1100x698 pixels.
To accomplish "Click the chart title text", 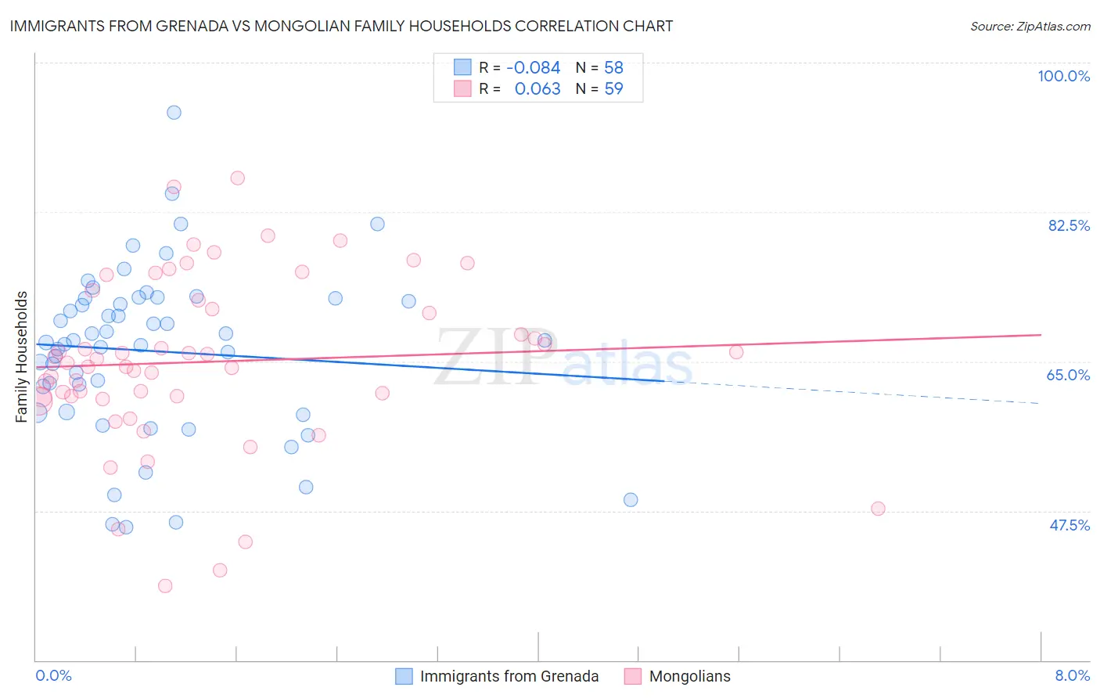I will coord(340,26).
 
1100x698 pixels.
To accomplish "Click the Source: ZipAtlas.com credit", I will coord(1030,26).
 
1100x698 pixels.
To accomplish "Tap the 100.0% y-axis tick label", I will coord(1063,76).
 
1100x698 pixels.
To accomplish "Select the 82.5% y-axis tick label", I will coord(1069,225).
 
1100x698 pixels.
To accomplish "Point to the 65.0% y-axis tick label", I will coord(1068,375).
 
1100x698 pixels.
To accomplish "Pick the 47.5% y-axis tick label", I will coord(1069,525).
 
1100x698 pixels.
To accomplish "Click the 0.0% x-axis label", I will coord(53,675).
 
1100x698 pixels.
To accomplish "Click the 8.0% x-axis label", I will coord(1072,675).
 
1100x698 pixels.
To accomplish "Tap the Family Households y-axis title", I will coord(22,357).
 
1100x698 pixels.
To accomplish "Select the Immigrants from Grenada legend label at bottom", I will coord(509,676).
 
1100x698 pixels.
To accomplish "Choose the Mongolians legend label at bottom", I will coord(689,676).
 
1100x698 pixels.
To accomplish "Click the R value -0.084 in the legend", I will coord(534,68).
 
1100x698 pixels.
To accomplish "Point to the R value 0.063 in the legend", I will coord(537,89).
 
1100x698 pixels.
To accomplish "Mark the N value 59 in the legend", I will coord(613,89).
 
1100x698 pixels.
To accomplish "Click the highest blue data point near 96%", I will coord(174,113).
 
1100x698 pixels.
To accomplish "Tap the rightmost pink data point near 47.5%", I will coord(878,509).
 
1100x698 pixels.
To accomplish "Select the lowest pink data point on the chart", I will coord(165,586).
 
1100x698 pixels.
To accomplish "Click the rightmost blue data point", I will coord(631,500).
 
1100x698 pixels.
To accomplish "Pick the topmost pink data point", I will coord(238,178).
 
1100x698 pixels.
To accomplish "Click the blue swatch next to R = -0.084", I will coord(462,68).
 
